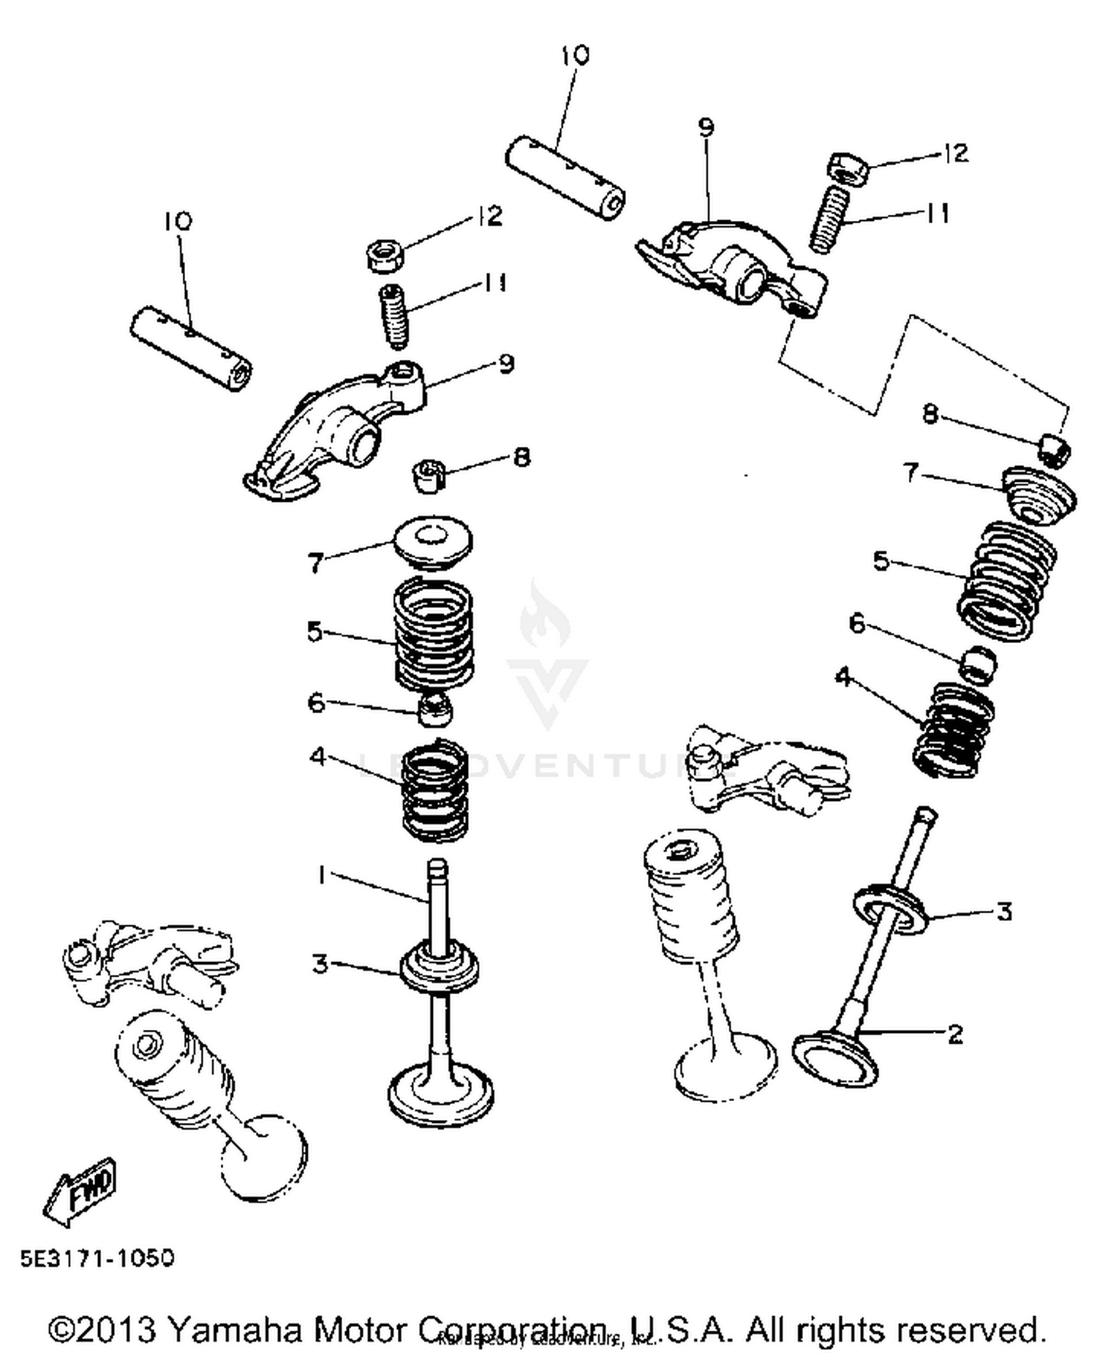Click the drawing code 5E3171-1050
pyautogui.click(x=97, y=1258)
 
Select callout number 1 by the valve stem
pyautogui.click(x=320, y=873)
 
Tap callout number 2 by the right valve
pyautogui.click(x=954, y=1034)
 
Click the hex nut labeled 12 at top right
pyautogui.click(x=848, y=168)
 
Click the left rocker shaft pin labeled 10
pyautogui.click(x=191, y=349)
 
